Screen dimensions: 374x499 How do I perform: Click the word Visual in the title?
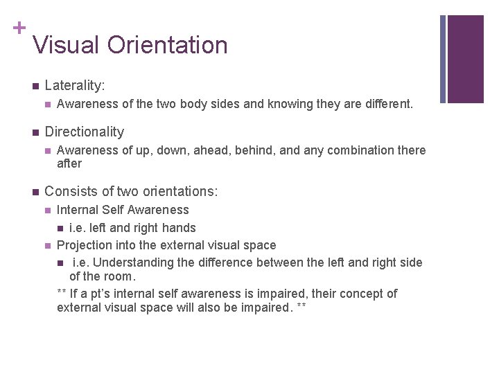coord(67,45)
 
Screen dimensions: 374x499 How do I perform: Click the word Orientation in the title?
coord(167,45)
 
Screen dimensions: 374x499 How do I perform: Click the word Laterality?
coord(75,86)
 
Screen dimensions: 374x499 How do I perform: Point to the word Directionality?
coord(84,132)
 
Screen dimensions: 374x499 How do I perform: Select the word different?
coord(387,105)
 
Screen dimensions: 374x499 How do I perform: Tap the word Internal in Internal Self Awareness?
coord(79,210)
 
